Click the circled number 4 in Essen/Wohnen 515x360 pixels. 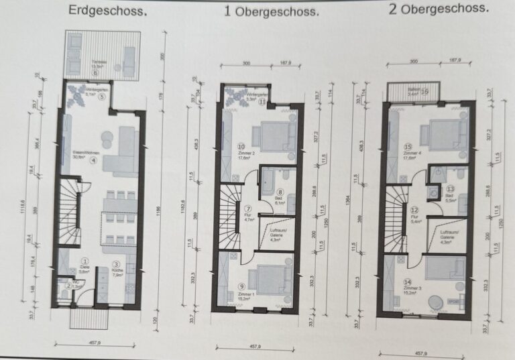point(93,161)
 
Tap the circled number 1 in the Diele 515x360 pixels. point(84,261)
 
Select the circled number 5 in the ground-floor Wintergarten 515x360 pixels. point(101,97)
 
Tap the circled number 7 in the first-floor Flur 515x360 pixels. point(246,210)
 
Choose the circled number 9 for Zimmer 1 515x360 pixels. point(241,286)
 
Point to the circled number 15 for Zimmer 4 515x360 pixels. point(407,146)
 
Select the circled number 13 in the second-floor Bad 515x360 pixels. point(451,190)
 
